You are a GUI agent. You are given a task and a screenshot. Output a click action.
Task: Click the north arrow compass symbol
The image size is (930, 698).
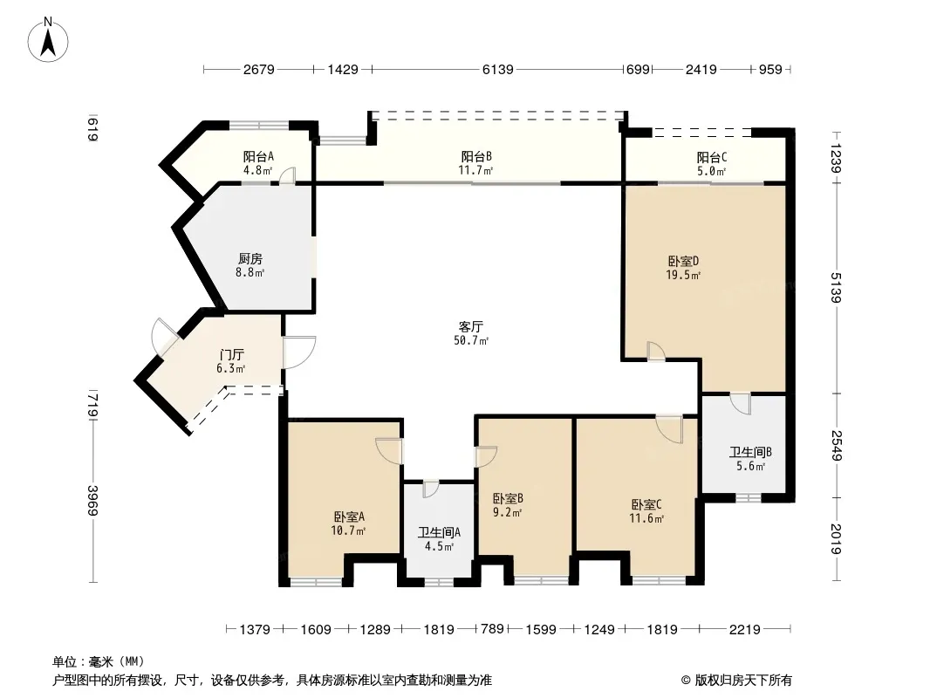coord(48,40)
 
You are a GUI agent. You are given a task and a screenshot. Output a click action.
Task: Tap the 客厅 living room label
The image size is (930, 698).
coord(471,326)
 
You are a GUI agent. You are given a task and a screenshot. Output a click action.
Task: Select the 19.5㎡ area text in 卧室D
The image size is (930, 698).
coord(683,275)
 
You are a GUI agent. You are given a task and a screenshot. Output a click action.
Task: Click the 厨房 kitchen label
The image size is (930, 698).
coord(250,258)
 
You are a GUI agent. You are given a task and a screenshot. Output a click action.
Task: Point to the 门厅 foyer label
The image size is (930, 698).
coord(231,354)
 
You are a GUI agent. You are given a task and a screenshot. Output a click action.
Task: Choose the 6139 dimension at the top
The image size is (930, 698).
coord(497,70)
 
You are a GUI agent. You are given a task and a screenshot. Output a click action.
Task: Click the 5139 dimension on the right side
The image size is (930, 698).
coord(836,288)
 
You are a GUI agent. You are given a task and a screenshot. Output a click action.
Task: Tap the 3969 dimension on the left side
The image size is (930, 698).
coord(92,501)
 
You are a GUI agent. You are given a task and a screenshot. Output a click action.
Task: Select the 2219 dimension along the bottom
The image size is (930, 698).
coord(744,629)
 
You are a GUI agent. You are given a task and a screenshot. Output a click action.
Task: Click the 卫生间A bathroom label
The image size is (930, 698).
coord(439,532)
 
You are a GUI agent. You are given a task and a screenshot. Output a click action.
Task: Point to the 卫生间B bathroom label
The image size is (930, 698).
coord(750,453)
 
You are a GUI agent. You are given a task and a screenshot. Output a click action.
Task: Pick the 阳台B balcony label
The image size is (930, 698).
coord(476,156)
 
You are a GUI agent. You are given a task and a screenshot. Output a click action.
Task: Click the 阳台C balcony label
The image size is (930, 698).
coord(712,157)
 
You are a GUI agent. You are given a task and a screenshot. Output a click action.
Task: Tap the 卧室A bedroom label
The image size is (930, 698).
coord(349,517)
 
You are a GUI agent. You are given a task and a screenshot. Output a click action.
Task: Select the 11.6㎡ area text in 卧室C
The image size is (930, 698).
coord(646,518)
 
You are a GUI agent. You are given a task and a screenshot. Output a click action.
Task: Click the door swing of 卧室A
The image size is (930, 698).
coord(388,451)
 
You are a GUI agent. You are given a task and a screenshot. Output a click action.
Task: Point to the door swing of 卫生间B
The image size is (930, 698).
coord(740,404)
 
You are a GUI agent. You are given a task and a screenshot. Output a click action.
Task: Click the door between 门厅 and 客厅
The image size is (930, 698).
coord(299,352)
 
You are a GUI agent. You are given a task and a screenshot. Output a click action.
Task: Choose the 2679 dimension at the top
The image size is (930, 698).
coord(258,70)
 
